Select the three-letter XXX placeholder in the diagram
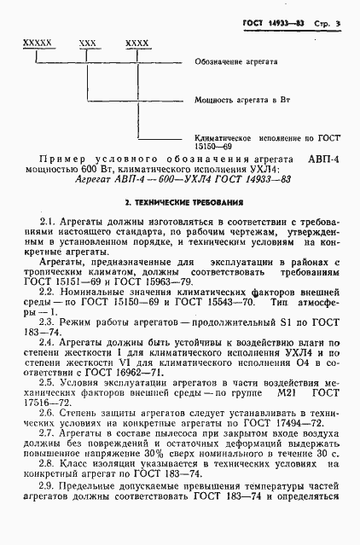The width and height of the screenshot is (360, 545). click(87, 41)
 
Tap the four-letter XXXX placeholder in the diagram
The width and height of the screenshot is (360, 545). click(136, 41)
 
